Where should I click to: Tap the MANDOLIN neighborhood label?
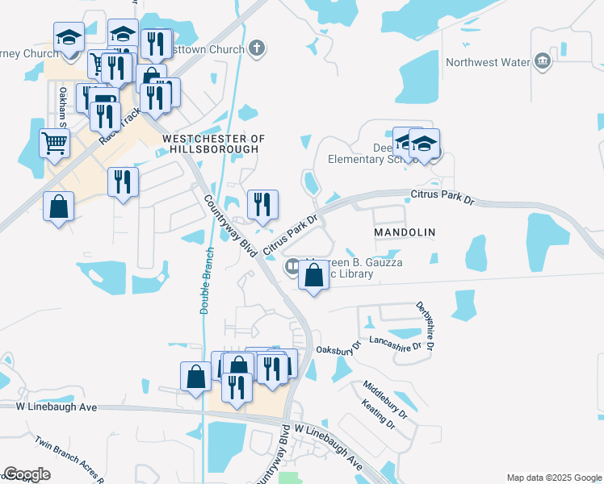pyautogui.click(x=405, y=232)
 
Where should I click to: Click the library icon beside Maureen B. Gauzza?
pyautogui.click(x=292, y=266)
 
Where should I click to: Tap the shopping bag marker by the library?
pyautogui.click(x=314, y=275)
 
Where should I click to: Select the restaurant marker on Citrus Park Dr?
pyautogui.click(x=262, y=205)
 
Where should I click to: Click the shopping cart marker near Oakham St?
pyautogui.click(x=54, y=144)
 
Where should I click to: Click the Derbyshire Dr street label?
pyautogui.click(x=426, y=325)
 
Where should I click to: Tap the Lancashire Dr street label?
pyautogui.click(x=394, y=344)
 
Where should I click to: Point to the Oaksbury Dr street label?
pyautogui.click(x=336, y=350)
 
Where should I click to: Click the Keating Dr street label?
pyautogui.click(x=378, y=414)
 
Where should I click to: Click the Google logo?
pyautogui.click(x=27, y=474)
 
